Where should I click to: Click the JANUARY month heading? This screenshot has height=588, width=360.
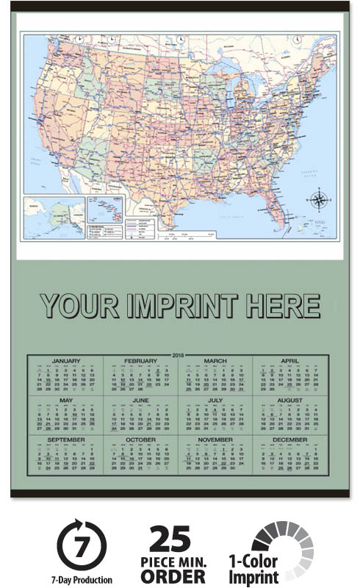click(x=66, y=361)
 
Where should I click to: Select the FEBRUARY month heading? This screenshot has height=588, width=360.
click(x=140, y=361)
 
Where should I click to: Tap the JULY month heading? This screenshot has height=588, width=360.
click(x=215, y=401)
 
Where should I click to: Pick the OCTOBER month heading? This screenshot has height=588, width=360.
click(x=140, y=440)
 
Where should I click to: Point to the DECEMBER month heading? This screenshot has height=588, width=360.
click(x=289, y=440)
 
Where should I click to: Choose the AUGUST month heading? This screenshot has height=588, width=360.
click(x=289, y=401)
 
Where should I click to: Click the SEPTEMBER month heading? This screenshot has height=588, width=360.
click(x=66, y=440)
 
